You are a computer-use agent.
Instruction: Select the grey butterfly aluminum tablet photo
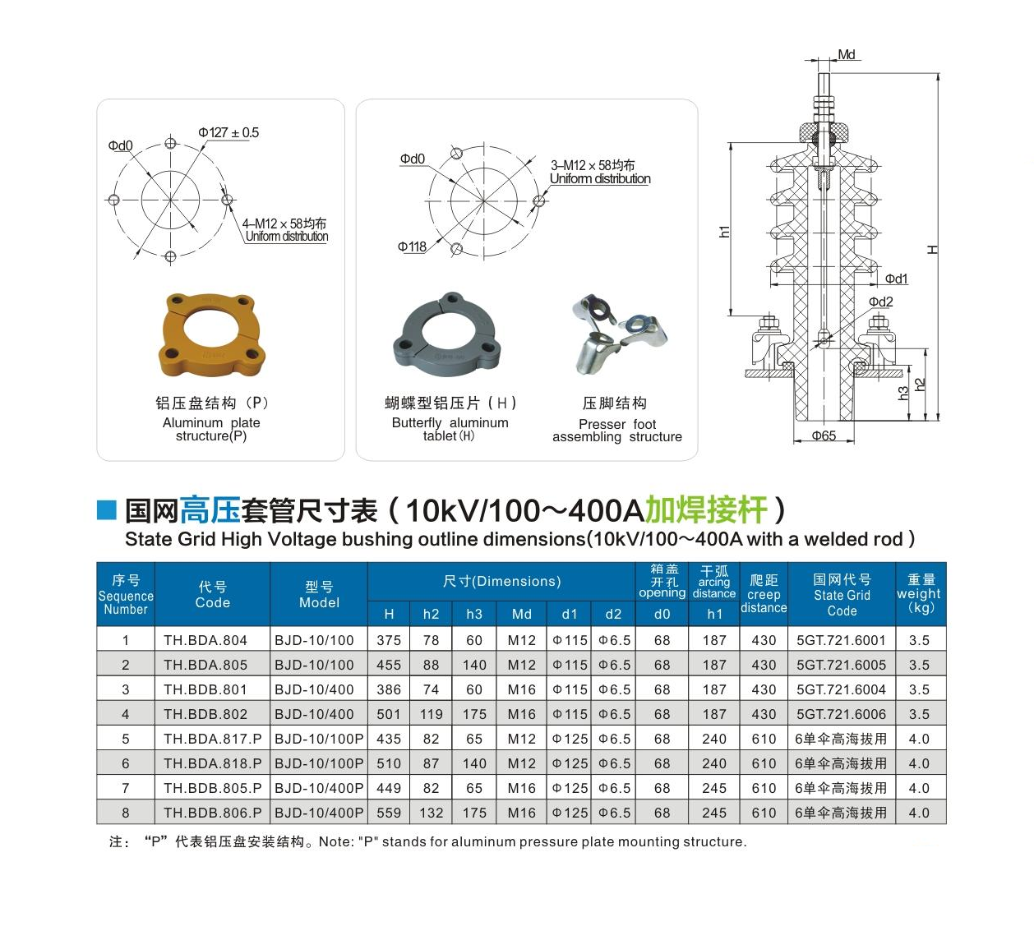[446, 331]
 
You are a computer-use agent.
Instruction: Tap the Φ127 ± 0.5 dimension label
[228, 132]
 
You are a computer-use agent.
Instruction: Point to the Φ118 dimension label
[412, 247]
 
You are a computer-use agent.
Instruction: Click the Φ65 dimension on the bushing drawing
[824, 435]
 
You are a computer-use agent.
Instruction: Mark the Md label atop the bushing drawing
[847, 54]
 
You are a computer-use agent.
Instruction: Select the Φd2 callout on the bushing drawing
[880, 302]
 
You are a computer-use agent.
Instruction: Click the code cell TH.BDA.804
[205, 640]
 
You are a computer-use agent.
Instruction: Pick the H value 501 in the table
[389, 714]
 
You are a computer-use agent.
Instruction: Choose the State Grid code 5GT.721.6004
[841, 689]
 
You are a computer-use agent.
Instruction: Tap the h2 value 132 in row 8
[431, 813]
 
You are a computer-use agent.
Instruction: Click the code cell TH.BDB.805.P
[212, 788]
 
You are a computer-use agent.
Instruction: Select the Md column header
[522, 614]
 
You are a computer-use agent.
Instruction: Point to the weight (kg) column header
[919, 594]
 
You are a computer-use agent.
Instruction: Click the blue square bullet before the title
[107, 509]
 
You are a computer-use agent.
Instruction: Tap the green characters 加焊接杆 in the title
[707, 509]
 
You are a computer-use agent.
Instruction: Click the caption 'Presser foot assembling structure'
[617, 431]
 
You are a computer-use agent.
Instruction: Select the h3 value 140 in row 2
[474, 665]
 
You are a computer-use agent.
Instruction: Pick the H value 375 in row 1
[389, 640]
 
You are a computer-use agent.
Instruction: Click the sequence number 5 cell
[125, 739]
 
